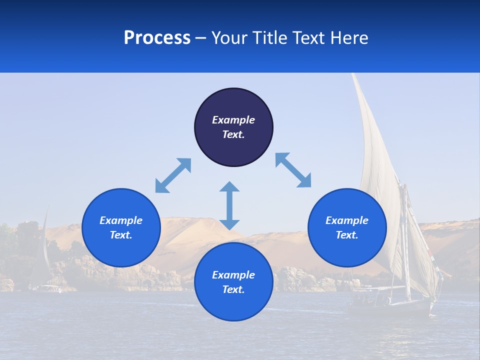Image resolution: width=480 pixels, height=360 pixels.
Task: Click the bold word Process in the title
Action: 157,38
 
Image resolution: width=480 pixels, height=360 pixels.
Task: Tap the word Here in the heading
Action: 349,38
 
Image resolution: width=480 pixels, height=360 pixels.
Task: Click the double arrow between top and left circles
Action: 173,175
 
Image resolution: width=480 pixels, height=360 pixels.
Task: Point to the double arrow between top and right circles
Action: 293,170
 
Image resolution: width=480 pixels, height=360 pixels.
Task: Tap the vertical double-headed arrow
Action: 229,205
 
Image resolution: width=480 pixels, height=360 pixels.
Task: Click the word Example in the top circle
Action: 233,120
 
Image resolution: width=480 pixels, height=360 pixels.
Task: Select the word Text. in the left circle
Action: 121,235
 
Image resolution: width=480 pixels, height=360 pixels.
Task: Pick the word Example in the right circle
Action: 347,220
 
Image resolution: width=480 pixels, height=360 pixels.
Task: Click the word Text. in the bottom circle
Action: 233,289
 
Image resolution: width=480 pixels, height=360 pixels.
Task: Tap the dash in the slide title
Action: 200,38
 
